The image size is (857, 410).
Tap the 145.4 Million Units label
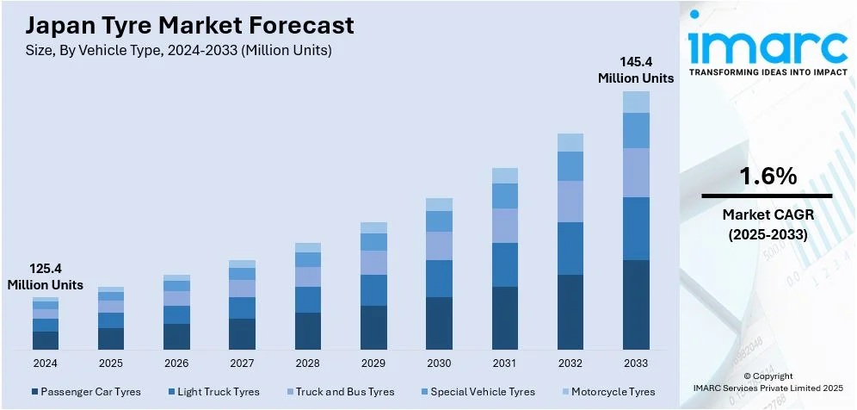click(636, 70)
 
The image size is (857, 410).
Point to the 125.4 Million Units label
click(46, 276)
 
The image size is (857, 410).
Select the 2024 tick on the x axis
click(46, 363)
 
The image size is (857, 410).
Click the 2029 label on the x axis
click(373, 363)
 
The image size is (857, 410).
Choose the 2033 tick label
click(636, 363)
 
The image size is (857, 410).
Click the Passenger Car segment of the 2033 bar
click(636, 305)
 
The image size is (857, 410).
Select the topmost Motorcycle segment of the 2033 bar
click(636, 102)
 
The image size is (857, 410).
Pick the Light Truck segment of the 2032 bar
click(570, 248)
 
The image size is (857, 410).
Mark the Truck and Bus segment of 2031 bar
click(505, 226)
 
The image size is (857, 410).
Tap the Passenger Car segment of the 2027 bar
click(243, 334)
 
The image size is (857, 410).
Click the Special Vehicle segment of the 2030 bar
click(440, 221)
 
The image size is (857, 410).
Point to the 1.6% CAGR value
click(768, 177)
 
